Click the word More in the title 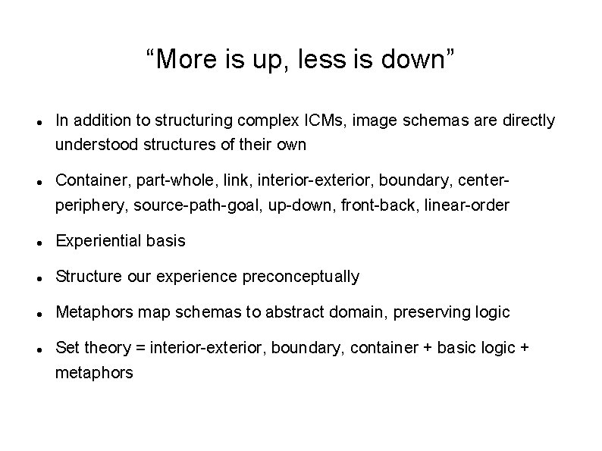(x=180, y=59)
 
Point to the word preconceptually (x=301, y=277)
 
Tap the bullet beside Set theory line (x=38, y=349)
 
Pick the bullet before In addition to (x=38, y=122)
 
